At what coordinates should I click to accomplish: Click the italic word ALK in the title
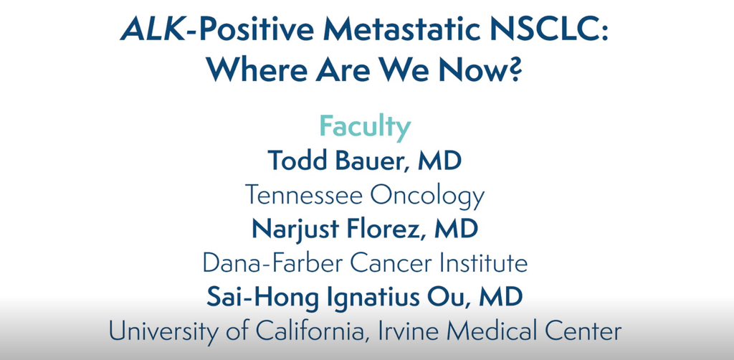click(x=156, y=31)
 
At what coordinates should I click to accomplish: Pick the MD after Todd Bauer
click(x=439, y=161)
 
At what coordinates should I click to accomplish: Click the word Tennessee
click(x=303, y=195)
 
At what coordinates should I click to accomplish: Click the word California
click(x=308, y=332)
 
